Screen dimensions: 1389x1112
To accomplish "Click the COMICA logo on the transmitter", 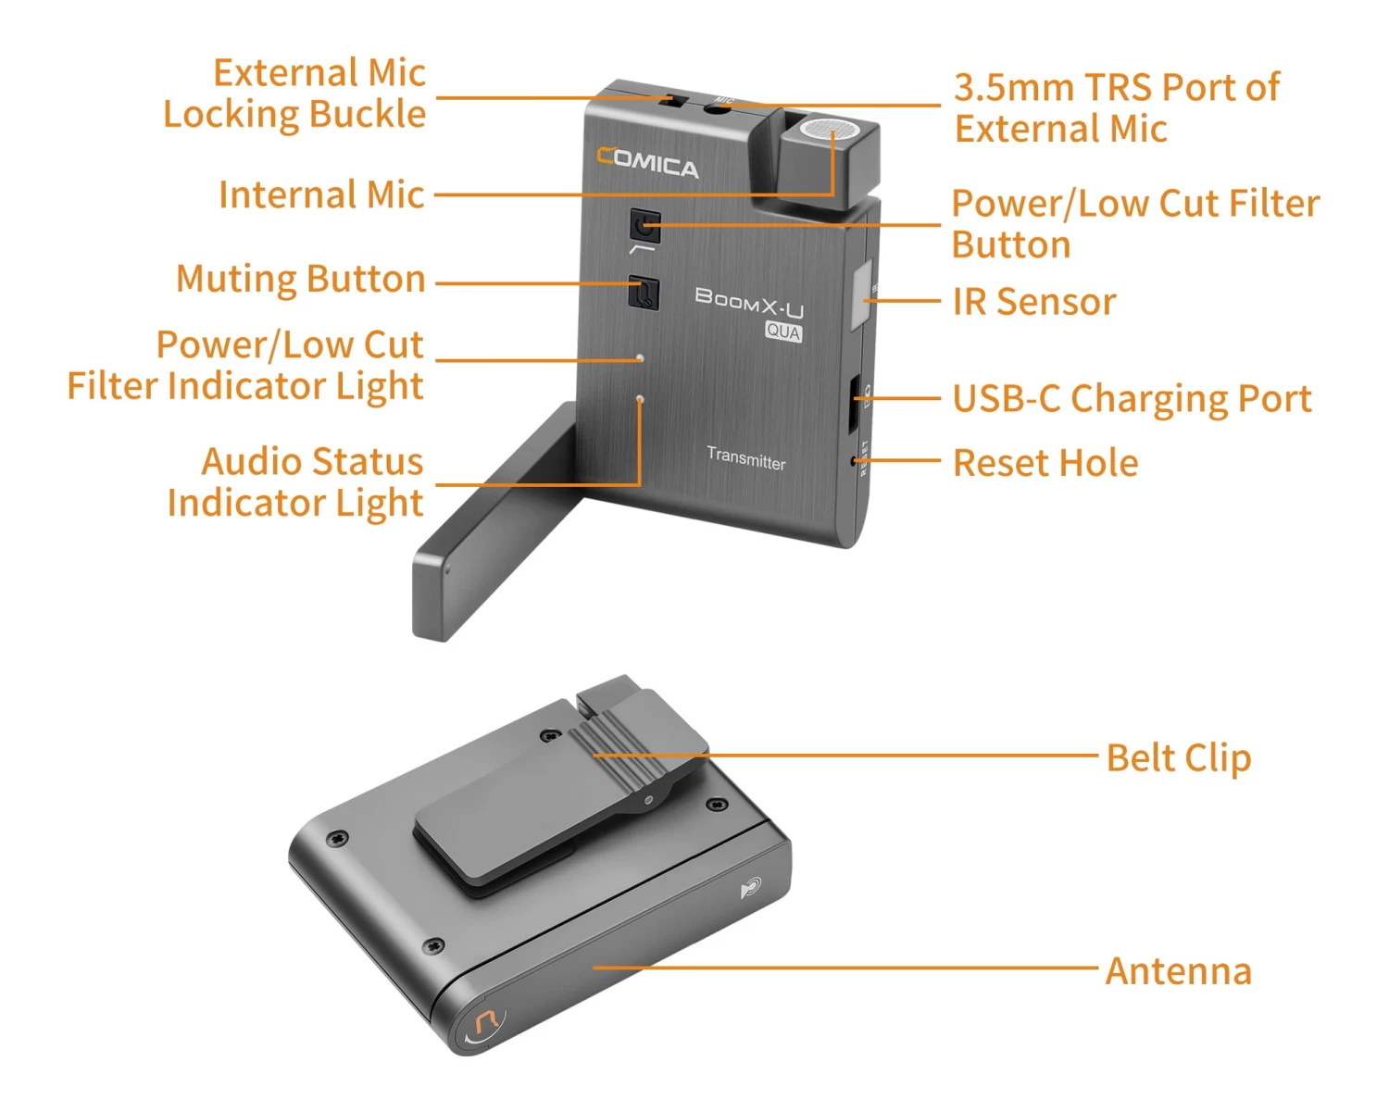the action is click(x=646, y=163).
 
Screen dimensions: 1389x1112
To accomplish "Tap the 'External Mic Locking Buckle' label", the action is click(x=295, y=94).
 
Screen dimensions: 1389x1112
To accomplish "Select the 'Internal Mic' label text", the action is click(x=321, y=195).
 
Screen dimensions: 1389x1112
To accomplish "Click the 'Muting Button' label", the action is click(x=301, y=280).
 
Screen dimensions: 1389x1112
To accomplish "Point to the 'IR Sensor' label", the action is click(x=1034, y=302).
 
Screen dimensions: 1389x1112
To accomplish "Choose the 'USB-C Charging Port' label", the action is click(x=1132, y=398).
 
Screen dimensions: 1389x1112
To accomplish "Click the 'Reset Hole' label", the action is click(x=1045, y=463).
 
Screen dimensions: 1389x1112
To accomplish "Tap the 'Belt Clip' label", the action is click(x=1179, y=757).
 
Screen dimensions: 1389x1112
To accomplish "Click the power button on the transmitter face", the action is click(x=644, y=226).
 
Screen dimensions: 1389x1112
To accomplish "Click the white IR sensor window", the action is click(x=861, y=294).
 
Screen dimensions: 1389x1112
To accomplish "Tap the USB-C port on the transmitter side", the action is click(x=853, y=404).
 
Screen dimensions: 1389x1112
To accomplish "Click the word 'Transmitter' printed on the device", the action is click(x=746, y=458).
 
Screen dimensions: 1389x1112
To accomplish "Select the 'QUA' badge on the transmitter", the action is click(x=783, y=331).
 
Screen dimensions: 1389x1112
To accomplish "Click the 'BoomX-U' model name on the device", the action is click(x=749, y=303).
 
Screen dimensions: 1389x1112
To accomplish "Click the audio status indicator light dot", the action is click(x=640, y=399).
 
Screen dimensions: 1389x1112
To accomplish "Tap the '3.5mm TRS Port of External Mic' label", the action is click(x=1117, y=107).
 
